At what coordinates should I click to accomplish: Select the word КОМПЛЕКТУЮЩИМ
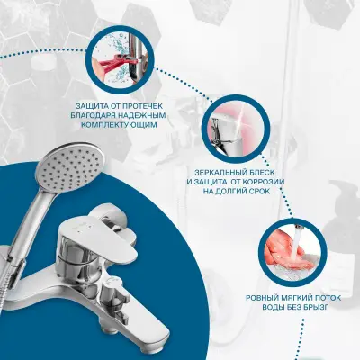(x=120, y=125)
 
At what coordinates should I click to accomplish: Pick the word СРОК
(x=260, y=191)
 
